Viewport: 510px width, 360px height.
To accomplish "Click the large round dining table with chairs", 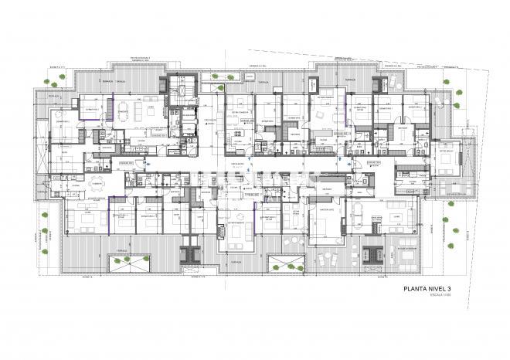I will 97,185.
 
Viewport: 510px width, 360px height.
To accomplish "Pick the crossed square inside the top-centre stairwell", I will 183,81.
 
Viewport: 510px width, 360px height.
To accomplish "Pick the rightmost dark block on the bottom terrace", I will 372,252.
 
